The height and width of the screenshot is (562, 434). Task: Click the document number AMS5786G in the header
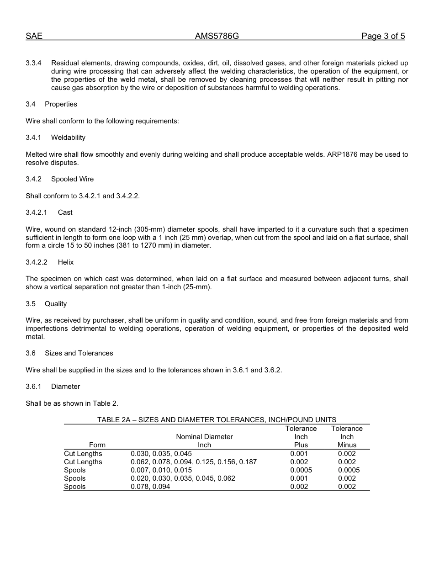pos(217,37)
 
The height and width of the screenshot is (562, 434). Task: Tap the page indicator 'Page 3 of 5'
pos(383,37)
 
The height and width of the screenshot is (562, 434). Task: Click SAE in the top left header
pos(34,37)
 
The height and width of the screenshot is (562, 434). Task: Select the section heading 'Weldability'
pos(68,138)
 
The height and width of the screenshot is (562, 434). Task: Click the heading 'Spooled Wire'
pos(72,179)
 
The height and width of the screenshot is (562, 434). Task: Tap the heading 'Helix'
pos(66,262)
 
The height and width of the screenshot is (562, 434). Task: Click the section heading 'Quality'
pos(56,304)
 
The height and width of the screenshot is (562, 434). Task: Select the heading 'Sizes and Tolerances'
pos(79,353)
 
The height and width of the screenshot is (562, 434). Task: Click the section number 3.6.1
pos(33,387)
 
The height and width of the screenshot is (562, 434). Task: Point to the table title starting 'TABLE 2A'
pos(217,420)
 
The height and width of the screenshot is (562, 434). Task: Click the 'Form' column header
pos(97,445)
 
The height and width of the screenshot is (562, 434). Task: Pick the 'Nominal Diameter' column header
pos(204,437)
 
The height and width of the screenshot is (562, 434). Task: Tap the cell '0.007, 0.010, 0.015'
pos(161,470)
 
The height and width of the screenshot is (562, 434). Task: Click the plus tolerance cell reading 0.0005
pos(301,470)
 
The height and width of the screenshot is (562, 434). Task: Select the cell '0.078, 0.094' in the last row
pos(151,487)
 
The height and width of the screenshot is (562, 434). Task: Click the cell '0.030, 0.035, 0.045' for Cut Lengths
pos(161,454)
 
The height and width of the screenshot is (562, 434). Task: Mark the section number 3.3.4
pos(33,63)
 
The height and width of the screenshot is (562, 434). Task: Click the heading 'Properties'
pos(61,104)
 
